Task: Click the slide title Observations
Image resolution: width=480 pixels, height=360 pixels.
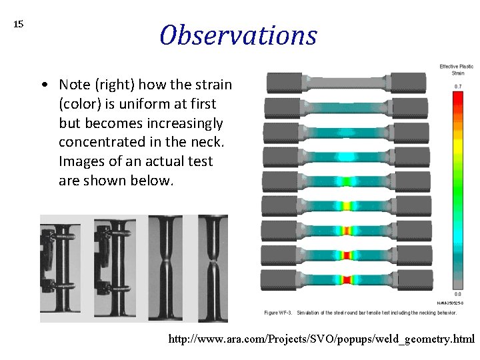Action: coord(238,35)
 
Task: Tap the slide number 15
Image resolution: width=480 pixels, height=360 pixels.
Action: coord(19,25)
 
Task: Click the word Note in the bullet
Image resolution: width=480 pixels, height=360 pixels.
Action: coord(73,85)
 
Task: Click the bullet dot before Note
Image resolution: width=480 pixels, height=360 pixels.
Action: coord(43,85)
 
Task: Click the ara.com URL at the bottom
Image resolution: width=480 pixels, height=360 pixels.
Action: coord(321,339)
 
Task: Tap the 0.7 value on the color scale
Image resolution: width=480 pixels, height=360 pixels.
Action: coord(458,87)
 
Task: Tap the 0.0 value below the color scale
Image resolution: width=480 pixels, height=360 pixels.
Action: coord(458,294)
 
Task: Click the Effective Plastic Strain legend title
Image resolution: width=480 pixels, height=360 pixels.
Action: coord(457,69)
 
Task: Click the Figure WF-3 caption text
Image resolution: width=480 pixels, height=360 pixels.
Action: coord(360,312)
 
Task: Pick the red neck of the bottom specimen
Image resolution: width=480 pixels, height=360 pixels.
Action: coord(346,279)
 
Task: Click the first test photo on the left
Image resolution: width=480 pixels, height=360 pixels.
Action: coord(65,268)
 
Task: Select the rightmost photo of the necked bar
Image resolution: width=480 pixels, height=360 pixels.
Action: coord(214,268)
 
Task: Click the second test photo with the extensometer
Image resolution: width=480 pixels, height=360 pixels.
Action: coord(119,268)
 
